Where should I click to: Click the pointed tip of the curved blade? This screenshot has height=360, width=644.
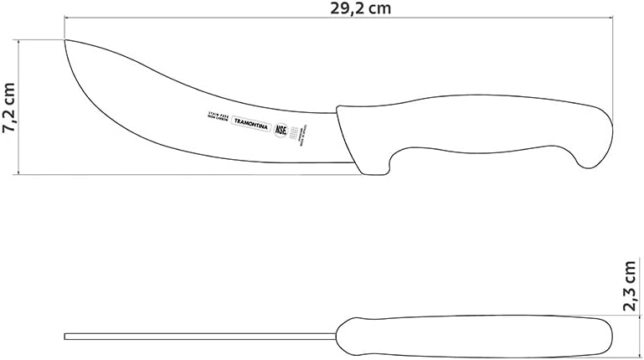(66, 39)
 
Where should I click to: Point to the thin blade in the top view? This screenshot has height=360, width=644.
(201, 337)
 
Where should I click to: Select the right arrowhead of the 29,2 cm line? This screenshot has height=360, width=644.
(610, 21)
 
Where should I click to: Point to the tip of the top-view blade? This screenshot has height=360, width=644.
(66, 337)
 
